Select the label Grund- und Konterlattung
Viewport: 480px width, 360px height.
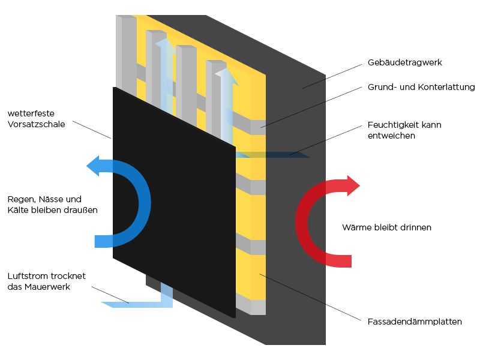pyautogui.click(x=421, y=88)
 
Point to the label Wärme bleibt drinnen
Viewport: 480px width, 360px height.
pyautogui.click(x=386, y=228)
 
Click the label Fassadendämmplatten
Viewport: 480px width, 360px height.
pyautogui.click(x=415, y=322)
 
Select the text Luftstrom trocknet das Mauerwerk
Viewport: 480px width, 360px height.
pyautogui.click(x=46, y=281)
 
